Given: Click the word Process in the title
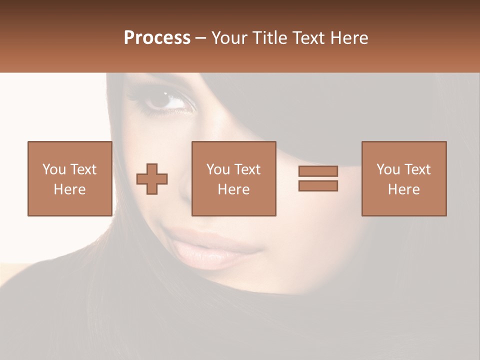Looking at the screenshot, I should pyautogui.click(x=157, y=38).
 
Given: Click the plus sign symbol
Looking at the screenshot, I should pyautogui.click(x=152, y=179).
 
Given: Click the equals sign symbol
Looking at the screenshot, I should pyautogui.click(x=318, y=178).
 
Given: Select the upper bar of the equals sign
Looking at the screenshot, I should pyautogui.click(x=318, y=171).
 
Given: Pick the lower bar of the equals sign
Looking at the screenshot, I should pyautogui.click(x=318, y=185).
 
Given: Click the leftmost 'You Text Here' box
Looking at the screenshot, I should pyautogui.click(x=70, y=178).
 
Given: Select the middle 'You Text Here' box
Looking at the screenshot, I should pyautogui.click(x=234, y=178).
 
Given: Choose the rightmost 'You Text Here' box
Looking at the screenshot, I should pyautogui.click(x=404, y=178).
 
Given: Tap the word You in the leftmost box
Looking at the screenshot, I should pyautogui.click(x=54, y=169).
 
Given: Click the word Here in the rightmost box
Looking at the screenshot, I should pyautogui.click(x=404, y=189).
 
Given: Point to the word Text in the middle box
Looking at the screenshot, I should pyautogui.click(x=247, y=169).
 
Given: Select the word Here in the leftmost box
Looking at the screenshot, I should pyautogui.click(x=70, y=189).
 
